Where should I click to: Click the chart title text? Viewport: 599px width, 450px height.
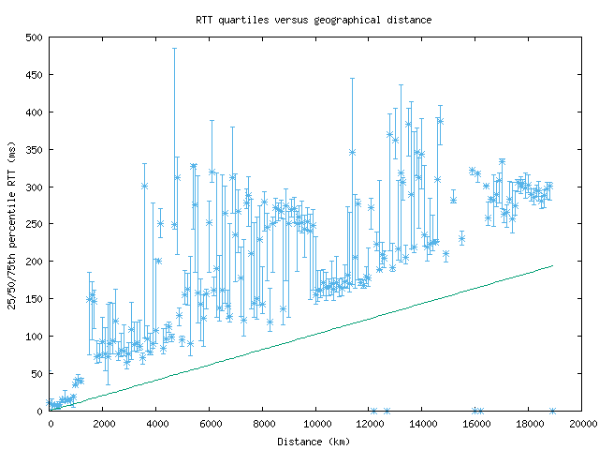pos(300,19)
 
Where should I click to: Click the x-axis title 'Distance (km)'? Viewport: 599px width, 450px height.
pos(315,442)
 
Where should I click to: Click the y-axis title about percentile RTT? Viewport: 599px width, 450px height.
pos(13,224)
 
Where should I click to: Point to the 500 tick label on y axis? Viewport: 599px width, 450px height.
pos(35,37)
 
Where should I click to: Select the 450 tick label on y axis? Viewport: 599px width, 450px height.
pos(35,75)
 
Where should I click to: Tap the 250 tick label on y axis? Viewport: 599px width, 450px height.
pos(35,224)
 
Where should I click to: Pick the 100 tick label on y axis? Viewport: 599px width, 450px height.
pos(35,336)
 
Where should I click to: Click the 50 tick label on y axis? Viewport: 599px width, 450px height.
pos(37,373)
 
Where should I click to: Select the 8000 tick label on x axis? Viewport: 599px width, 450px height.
pos(262,424)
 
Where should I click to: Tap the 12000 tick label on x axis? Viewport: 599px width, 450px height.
pos(369,424)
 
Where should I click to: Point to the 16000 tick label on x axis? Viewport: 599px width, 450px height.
pos(475,424)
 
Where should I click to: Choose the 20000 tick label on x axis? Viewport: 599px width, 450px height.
pos(582,424)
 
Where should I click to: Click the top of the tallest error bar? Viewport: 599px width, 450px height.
pos(174,48)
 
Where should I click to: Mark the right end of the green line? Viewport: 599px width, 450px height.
pos(552,265)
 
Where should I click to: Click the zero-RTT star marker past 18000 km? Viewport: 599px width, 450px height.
pos(552,411)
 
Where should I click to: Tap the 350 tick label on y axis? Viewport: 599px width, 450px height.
pos(35,149)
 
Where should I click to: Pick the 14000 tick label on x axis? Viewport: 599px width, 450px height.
pos(422,424)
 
